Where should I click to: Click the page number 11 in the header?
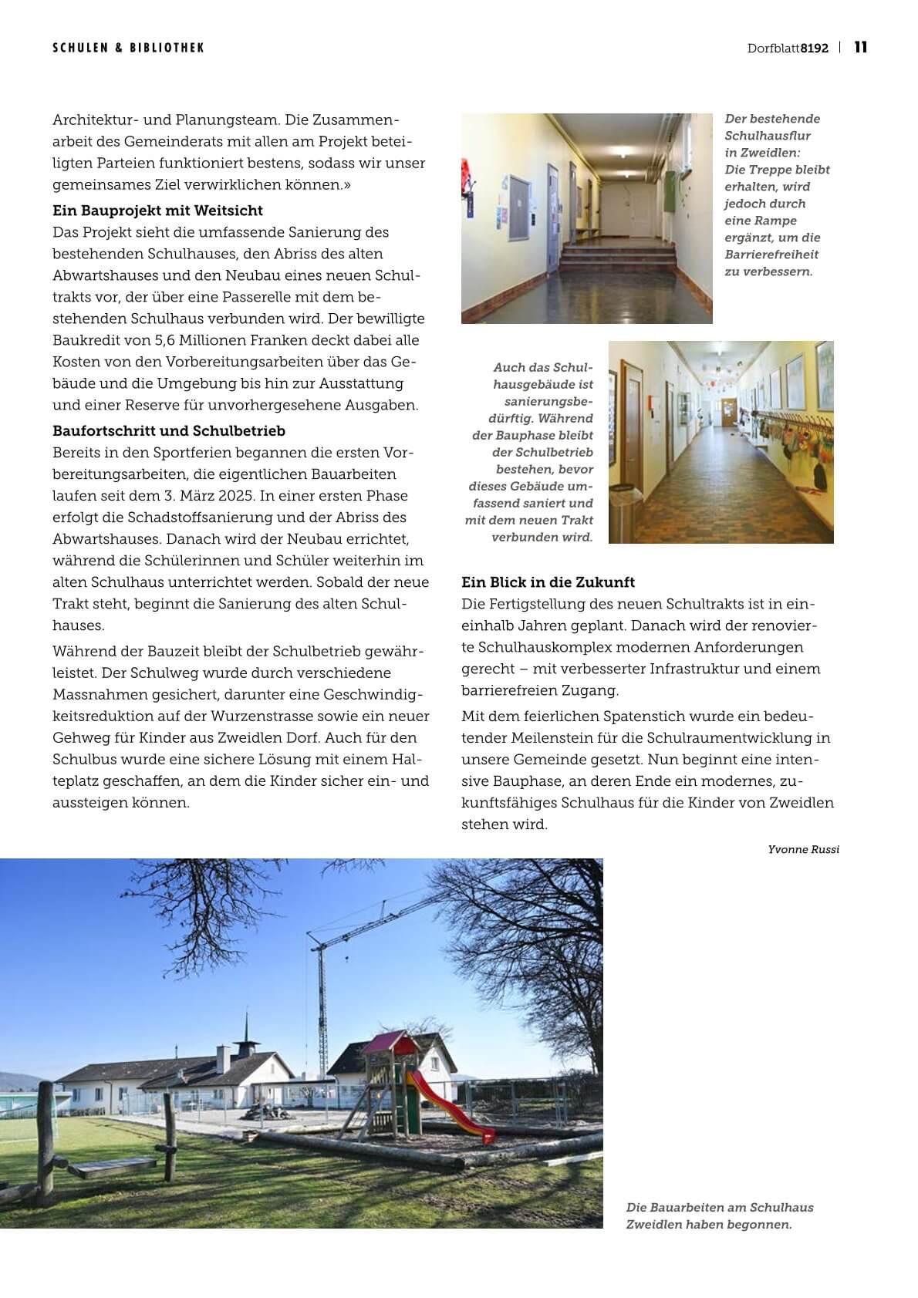click(x=861, y=47)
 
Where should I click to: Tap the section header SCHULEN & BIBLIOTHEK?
click(x=128, y=48)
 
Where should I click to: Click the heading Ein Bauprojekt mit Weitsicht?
click(x=157, y=211)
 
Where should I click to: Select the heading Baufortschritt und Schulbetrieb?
click(x=169, y=430)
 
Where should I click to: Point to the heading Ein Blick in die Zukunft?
click(x=548, y=582)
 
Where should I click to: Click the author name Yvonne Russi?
click(x=803, y=849)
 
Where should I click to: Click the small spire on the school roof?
click(x=247, y=1030)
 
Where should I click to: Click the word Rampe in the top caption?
click(x=778, y=221)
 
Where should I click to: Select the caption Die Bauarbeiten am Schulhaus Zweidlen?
click(x=719, y=1215)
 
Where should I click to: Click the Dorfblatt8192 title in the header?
click(x=788, y=48)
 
